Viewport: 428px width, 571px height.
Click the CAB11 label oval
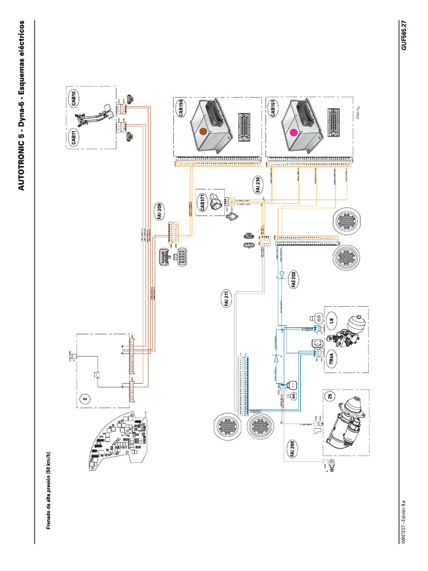75,137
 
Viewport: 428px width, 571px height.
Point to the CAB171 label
203,203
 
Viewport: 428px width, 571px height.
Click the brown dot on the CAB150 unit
203,131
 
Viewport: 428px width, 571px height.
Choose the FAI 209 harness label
159,213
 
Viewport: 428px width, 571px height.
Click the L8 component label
332,320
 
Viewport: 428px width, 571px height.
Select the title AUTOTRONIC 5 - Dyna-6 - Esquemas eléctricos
22,105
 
